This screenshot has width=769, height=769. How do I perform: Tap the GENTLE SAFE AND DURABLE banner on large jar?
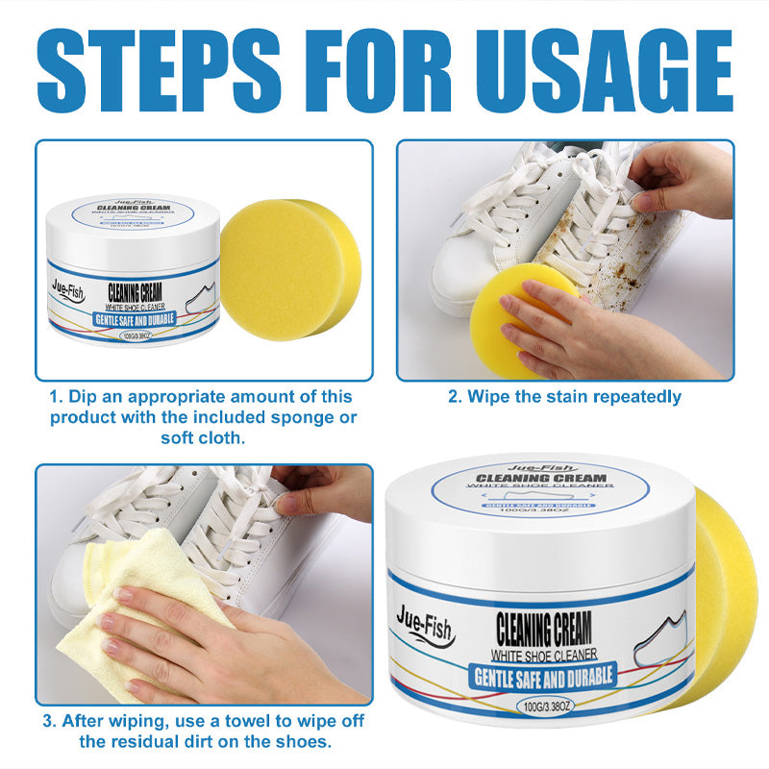(543, 676)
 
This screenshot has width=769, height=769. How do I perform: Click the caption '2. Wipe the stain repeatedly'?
(564, 396)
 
